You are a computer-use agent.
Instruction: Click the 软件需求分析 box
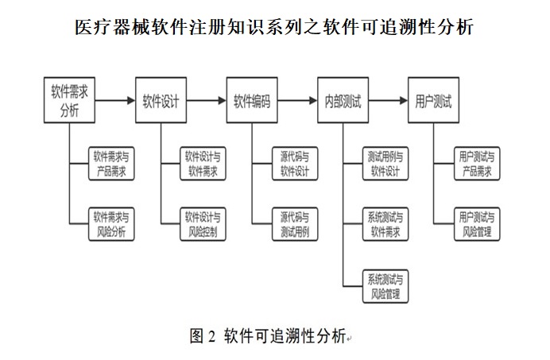(x=69, y=101)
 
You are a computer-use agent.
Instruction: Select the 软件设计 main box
(x=161, y=101)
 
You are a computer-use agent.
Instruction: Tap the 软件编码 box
(x=251, y=101)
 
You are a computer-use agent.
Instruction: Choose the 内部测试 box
(x=343, y=101)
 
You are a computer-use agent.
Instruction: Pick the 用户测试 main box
(x=433, y=101)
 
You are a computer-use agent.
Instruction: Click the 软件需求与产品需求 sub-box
(x=113, y=165)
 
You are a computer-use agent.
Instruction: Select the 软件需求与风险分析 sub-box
(x=113, y=224)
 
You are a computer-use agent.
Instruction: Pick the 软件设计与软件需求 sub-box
(x=203, y=165)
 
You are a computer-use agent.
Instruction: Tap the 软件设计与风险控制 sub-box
(x=203, y=224)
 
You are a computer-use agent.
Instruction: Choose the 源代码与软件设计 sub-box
(x=295, y=165)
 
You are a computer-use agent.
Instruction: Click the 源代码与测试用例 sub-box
(x=295, y=224)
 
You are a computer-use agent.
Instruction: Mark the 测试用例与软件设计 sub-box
(x=385, y=165)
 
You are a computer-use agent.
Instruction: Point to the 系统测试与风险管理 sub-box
(x=385, y=286)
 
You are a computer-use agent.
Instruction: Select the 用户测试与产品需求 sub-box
(x=477, y=165)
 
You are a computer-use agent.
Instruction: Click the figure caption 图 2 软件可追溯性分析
(x=268, y=335)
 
